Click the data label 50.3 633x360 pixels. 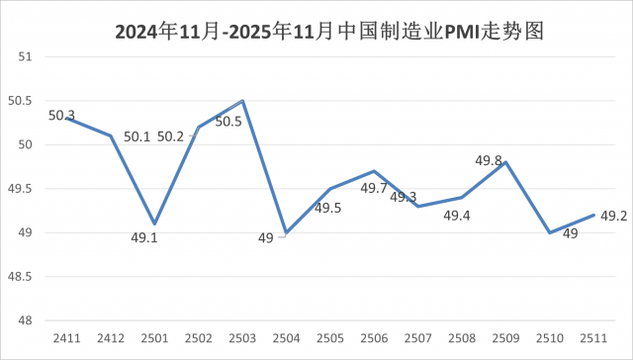coord(61,116)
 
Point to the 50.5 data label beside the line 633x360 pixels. coord(228,122)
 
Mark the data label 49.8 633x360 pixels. coord(489,160)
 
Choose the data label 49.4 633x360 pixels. coord(456,216)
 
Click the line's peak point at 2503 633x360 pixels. coord(242,101)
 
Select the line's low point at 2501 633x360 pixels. coord(154,224)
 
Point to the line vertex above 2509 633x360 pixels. coord(506,162)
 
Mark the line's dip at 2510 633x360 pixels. coord(550,232)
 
